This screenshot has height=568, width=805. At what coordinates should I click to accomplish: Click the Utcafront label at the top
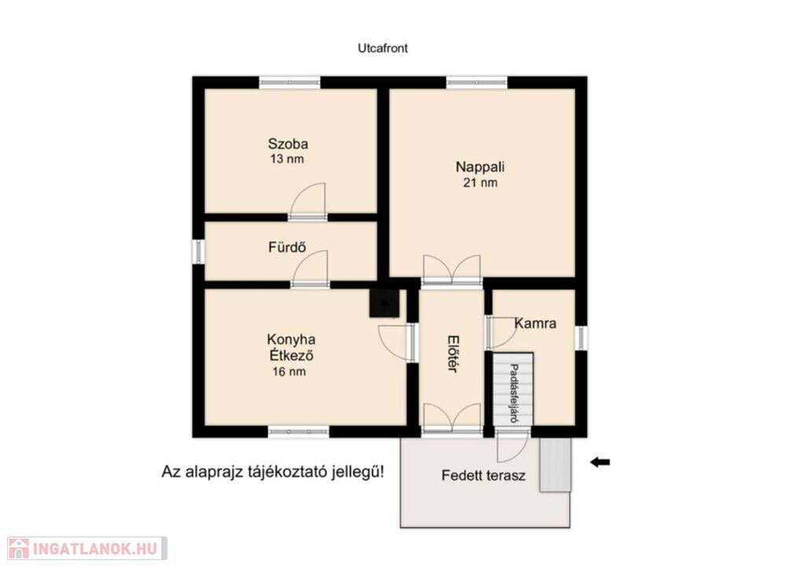[x=383, y=48]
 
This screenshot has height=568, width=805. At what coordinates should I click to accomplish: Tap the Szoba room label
[x=288, y=144]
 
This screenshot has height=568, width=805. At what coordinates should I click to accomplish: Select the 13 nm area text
[x=287, y=159]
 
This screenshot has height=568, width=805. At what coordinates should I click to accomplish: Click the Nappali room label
[x=480, y=167]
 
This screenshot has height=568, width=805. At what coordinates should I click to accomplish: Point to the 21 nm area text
[x=480, y=183]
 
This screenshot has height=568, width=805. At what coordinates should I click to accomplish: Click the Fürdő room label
[x=287, y=247]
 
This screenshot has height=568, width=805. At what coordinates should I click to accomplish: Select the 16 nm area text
[x=289, y=372]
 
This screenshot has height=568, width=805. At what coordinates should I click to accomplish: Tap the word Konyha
[x=291, y=339]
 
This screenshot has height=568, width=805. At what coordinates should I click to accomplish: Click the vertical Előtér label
[x=452, y=354]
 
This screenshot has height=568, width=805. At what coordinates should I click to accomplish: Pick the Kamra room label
[x=535, y=323]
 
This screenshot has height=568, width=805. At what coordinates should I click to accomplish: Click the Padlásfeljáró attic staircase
[x=513, y=389]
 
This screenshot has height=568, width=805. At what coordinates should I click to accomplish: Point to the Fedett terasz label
[x=483, y=475]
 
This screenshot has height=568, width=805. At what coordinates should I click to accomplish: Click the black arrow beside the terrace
[x=600, y=462]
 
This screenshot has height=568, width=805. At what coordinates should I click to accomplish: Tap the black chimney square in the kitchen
[x=384, y=303]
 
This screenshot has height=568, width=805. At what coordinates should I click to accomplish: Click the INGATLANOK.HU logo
[x=87, y=548]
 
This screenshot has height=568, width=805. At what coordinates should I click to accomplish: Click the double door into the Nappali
[x=452, y=269]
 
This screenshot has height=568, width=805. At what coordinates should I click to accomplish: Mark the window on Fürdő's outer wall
[x=198, y=251]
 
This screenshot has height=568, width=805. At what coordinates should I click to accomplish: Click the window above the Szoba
[x=289, y=82]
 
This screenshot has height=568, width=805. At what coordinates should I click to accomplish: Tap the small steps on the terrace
[x=555, y=465]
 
